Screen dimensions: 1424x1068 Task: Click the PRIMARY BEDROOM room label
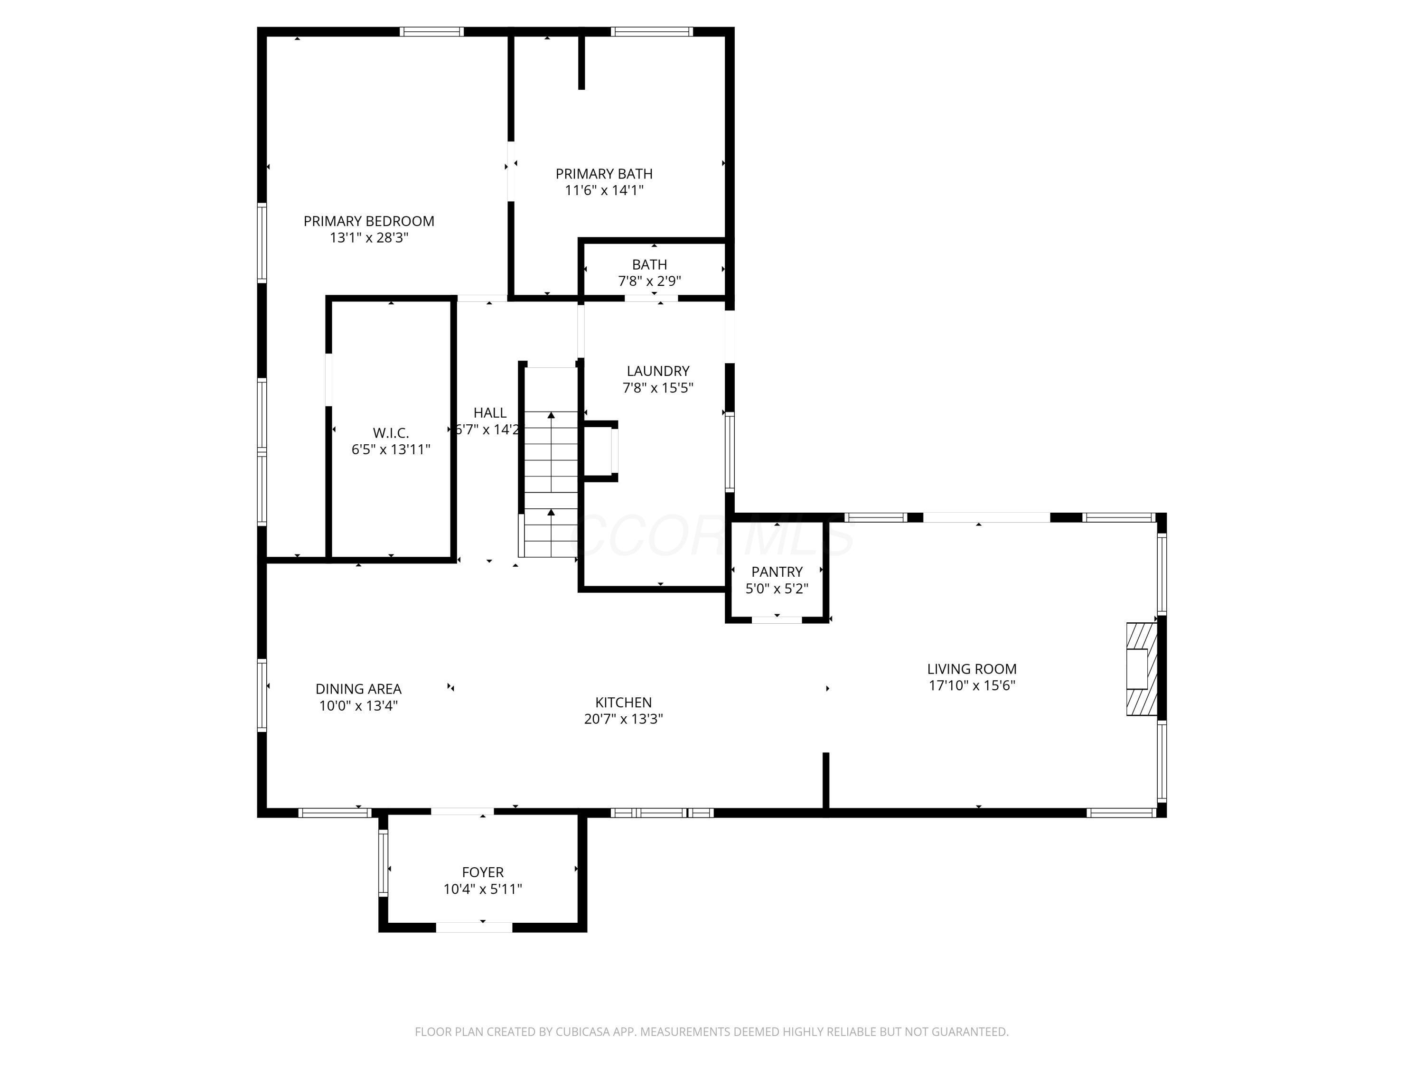(369, 221)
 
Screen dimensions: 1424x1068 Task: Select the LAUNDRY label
(658, 371)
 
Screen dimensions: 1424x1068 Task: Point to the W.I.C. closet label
(391, 432)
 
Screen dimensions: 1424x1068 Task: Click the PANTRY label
(777, 571)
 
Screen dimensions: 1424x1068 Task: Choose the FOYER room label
(483, 872)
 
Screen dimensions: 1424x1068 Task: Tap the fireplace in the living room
(1142, 669)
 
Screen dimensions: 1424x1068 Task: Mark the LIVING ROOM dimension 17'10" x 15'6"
(972, 685)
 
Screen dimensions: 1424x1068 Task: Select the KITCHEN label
(623, 703)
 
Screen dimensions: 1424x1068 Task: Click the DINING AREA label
(358, 689)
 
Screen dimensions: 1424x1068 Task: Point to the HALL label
(490, 412)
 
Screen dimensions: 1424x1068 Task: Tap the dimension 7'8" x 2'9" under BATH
(649, 281)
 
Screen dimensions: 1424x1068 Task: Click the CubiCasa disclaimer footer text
(712, 1032)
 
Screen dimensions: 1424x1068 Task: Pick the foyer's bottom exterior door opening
(475, 927)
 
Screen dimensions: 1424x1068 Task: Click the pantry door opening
(777, 620)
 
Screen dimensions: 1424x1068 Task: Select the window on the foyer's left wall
(383, 862)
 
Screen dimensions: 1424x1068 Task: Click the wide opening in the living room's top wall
(987, 517)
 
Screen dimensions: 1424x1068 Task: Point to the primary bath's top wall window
(652, 31)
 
